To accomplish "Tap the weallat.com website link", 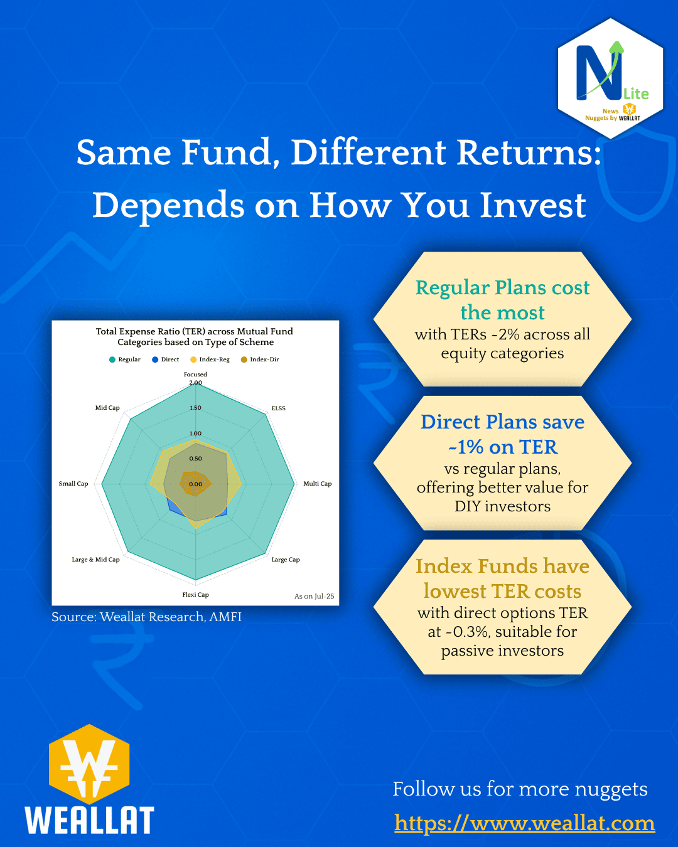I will click(524, 823).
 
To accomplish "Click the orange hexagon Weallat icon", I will click(89, 764).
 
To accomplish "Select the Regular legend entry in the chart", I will click(125, 360).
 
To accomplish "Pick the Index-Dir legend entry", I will click(261, 360).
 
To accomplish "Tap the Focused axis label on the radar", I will click(195, 375).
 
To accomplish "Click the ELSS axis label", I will click(278, 408).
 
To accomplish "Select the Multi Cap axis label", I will click(317, 484).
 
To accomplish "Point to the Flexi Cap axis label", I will click(195, 595).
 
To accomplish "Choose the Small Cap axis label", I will click(73, 484).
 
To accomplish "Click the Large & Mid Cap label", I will click(95, 560).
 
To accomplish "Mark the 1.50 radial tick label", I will click(196, 408).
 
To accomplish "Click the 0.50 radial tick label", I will click(196, 459).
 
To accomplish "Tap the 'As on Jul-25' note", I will click(314, 596).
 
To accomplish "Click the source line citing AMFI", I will click(146, 617).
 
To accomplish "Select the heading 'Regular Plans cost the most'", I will click(502, 300).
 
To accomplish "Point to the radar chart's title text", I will click(195, 336).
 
